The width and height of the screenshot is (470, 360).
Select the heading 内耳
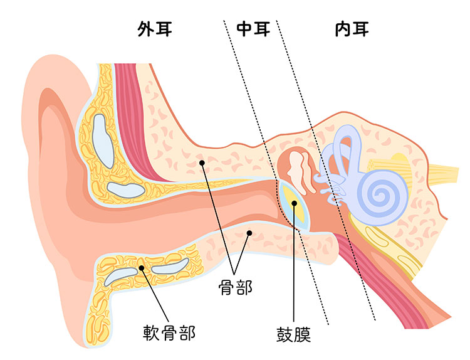(x=352, y=29)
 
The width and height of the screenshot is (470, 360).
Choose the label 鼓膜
(x=293, y=333)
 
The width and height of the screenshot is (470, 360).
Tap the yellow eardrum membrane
(x=294, y=206)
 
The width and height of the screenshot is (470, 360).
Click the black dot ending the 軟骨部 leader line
(x=142, y=268)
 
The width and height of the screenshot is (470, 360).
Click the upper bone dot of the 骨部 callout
(x=202, y=162)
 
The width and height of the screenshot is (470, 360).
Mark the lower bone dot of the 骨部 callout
(x=249, y=233)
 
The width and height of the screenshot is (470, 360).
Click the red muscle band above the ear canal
(x=135, y=119)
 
